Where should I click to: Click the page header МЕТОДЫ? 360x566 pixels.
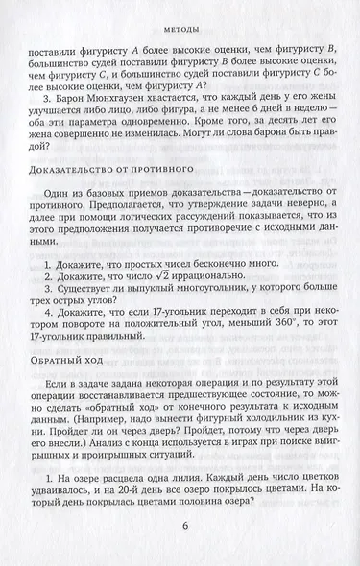click(180, 15)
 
